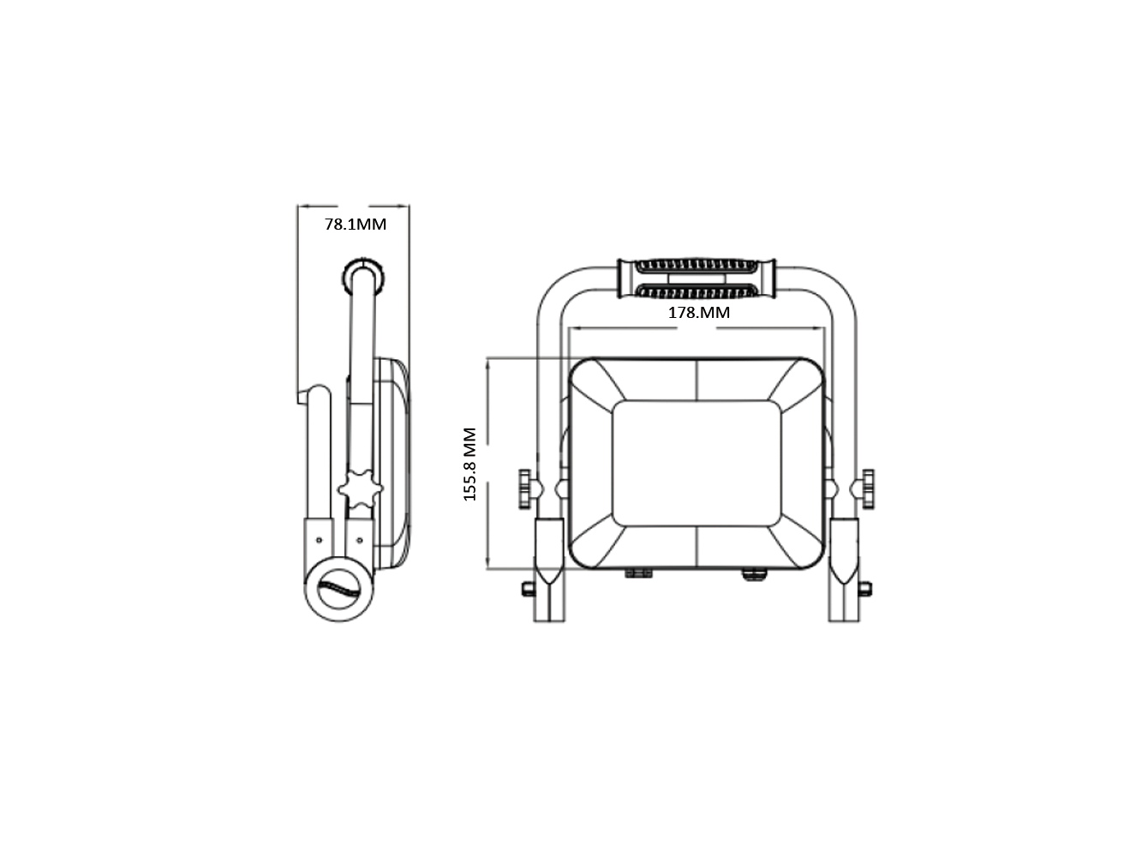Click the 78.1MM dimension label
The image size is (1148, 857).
356,224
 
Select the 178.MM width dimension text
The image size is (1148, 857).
698,312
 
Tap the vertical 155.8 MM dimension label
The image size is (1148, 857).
469,464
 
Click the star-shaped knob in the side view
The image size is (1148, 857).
360,488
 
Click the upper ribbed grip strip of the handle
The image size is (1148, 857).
697,266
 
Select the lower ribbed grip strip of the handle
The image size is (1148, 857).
697,291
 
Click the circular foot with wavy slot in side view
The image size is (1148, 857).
339,589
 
